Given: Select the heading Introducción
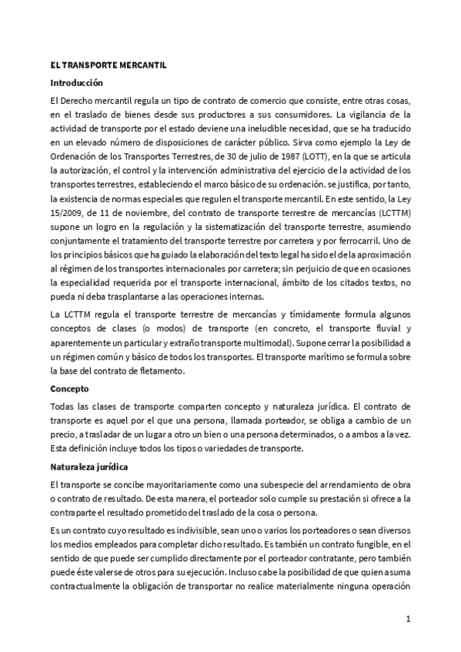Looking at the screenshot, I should (76, 82).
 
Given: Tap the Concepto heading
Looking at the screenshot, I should (69, 389).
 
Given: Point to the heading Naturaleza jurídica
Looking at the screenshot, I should (89, 467).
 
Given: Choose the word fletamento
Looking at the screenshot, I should (159, 372).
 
